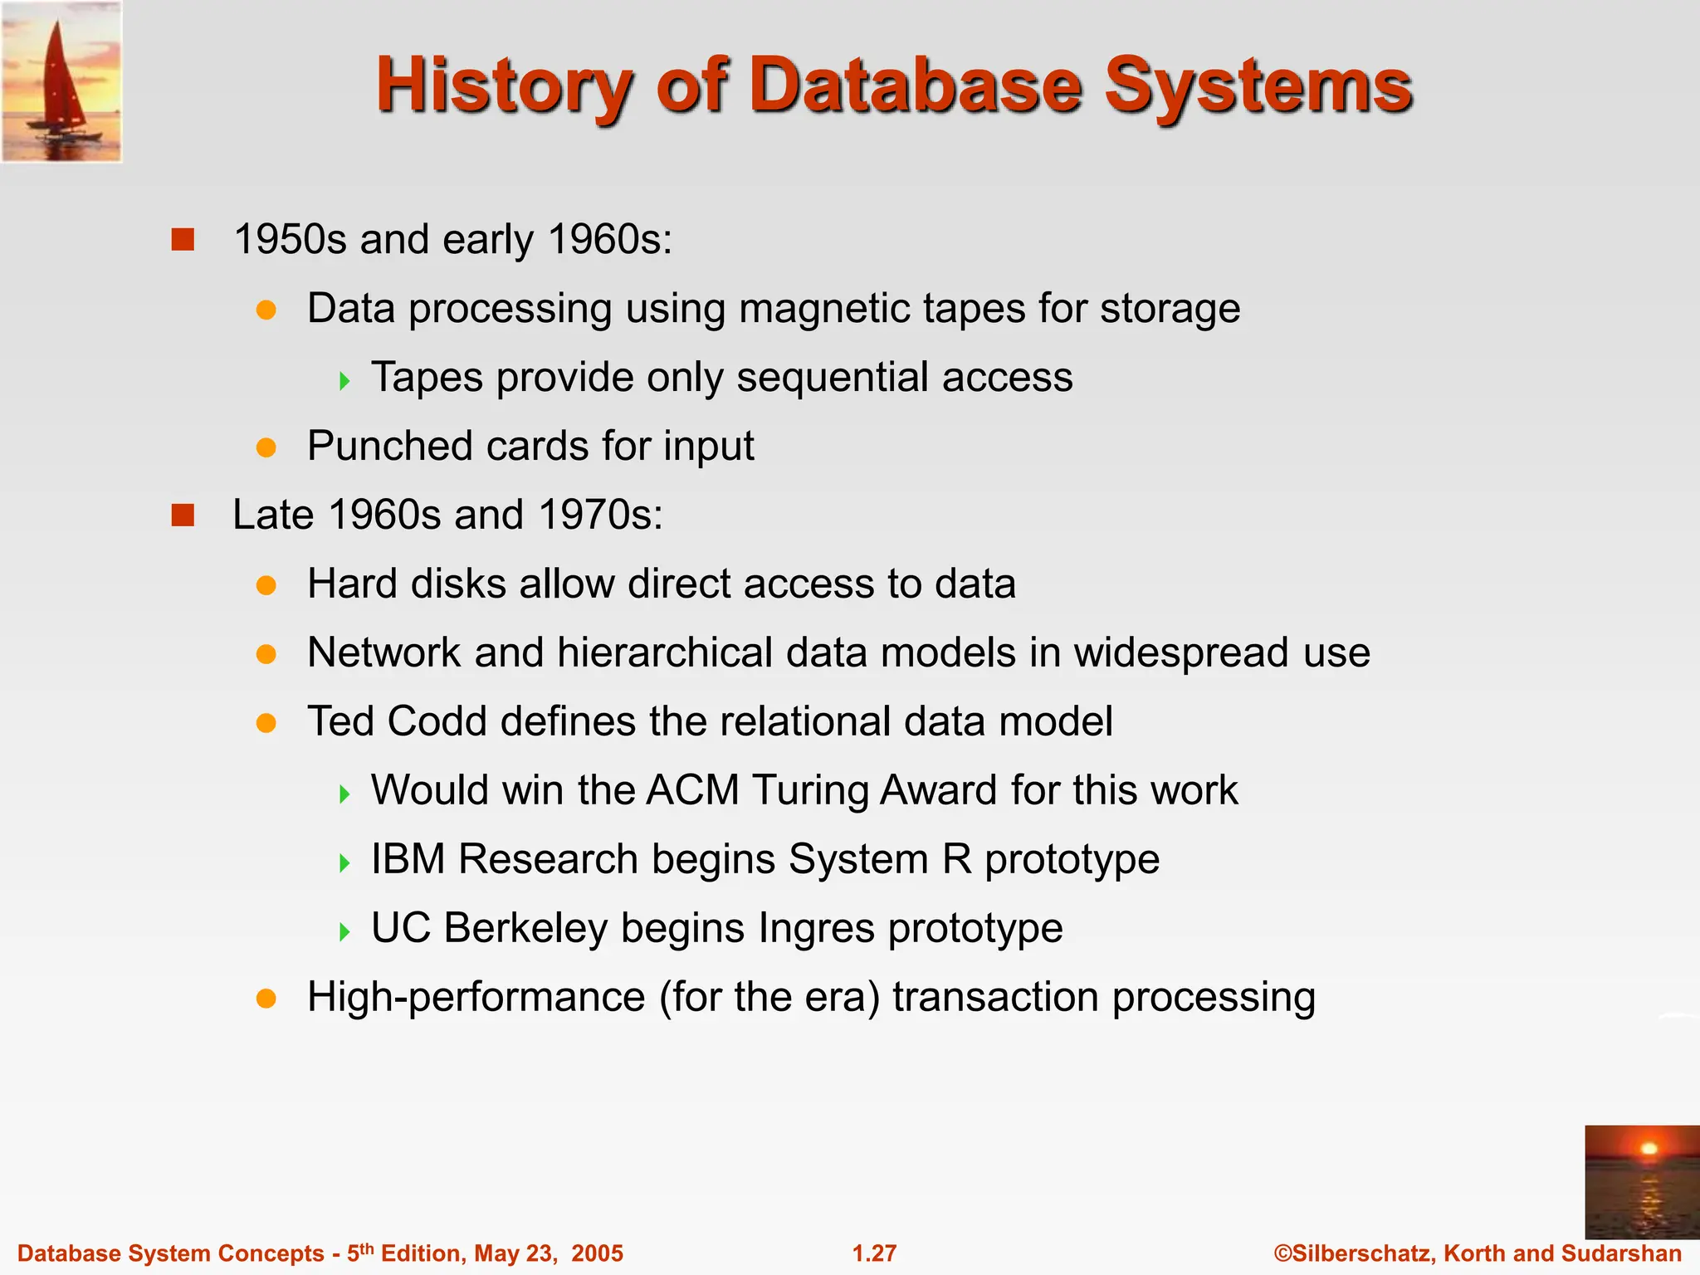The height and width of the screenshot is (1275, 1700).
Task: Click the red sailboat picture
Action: point(61,81)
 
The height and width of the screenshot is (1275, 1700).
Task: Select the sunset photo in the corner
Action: point(1641,1181)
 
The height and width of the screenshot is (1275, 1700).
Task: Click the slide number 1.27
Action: point(874,1253)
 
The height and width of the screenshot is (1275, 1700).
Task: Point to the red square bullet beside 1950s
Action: point(183,240)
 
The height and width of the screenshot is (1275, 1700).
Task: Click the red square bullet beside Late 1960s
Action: point(183,515)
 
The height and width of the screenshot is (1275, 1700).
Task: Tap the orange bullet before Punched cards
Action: point(266,448)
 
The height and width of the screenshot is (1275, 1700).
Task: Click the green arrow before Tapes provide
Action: point(344,381)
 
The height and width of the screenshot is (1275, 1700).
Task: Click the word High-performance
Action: point(476,997)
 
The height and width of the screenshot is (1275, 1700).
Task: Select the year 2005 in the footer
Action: point(597,1253)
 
